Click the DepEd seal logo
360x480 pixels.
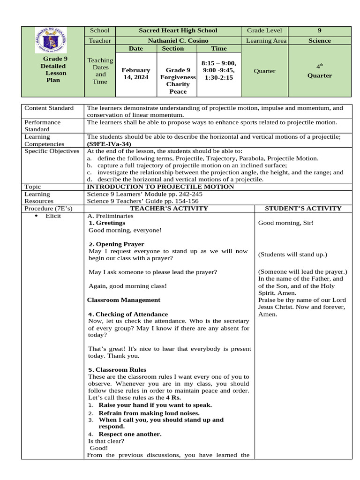[x=51, y=40]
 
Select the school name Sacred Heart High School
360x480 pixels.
[x=178, y=30]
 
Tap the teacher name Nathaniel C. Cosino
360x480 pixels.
[x=178, y=41]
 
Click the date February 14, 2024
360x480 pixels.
[x=136, y=74]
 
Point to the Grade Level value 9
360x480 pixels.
[x=319, y=30]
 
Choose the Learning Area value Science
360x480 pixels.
[x=319, y=41]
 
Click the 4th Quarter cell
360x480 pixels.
[x=319, y=71]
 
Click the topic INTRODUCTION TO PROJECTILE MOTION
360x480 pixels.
[x=160, y=187]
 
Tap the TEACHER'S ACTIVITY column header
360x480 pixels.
[x=169, y=209]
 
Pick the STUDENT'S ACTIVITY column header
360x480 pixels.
[x=303, y=209]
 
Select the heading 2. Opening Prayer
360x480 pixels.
[x=116, y=244]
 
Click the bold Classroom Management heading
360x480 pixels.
[x=124, y=300]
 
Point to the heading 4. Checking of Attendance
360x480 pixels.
[x=127, y=314]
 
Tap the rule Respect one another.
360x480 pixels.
[x=130, y=434]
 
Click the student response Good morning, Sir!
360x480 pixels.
[x=286, y=223]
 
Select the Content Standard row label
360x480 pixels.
[x=49, y=108]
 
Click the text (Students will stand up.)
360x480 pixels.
[x=292, y=255]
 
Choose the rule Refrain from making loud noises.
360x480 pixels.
[x=149, y=413]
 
